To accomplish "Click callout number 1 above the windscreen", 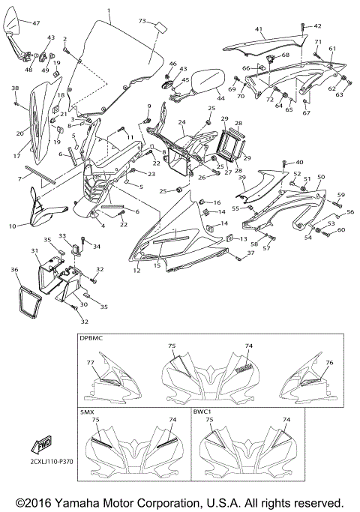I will tap(108, 10).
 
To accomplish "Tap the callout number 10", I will tap(12, 226).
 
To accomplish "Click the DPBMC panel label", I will tap(92, 338).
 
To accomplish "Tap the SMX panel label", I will tap(87, 413).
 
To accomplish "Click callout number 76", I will tap(329, 362).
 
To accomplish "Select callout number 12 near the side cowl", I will tap(137, 268).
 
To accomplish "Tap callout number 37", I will tap(250, 253).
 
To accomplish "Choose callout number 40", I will tap(299, 162).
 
